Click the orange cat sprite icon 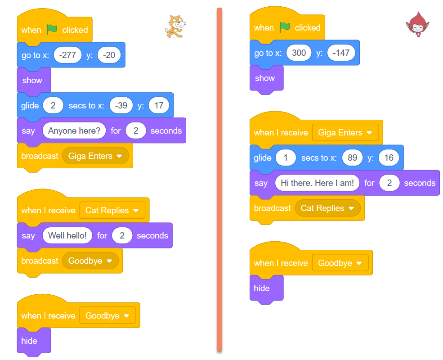175,26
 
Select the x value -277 67,55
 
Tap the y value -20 109,55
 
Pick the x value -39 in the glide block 121,106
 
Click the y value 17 158,106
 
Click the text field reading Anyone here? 74,131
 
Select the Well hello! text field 67,236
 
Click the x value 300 299,53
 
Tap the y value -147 341,53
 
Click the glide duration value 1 286,158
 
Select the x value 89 352,158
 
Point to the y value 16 389,158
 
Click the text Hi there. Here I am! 317,183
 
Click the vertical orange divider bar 219,180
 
